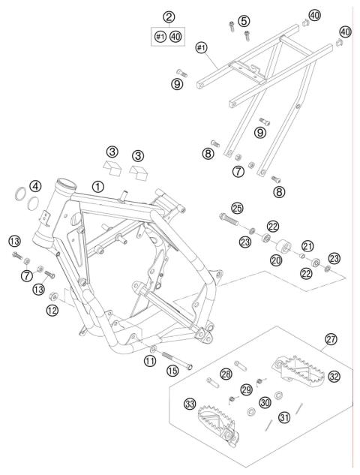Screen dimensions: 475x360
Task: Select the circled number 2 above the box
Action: pyautogui.click(x=169, y=17)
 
